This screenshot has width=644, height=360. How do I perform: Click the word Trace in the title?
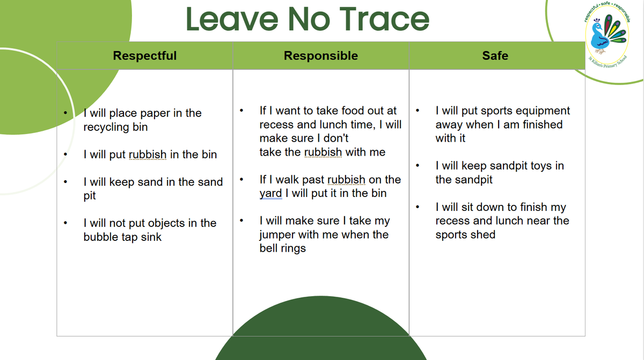coord(385,19)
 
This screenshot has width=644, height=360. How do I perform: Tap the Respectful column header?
coord(144,55)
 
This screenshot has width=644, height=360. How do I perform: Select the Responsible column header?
coord(321,55)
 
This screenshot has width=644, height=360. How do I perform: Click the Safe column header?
coord(495,55)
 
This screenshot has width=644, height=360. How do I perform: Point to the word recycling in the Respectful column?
coord(106,127)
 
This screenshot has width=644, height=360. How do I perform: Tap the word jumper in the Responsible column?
coord(277,235)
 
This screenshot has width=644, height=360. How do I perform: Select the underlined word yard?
coord(270,194)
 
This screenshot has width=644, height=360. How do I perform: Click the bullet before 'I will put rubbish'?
coord(65,155)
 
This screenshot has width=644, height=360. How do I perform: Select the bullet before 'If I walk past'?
coord(241,180)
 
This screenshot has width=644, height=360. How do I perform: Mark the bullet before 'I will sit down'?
coord(418,207)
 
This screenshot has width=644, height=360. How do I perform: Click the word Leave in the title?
coord(232,19)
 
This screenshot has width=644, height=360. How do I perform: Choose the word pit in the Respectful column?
coord(90,196)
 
